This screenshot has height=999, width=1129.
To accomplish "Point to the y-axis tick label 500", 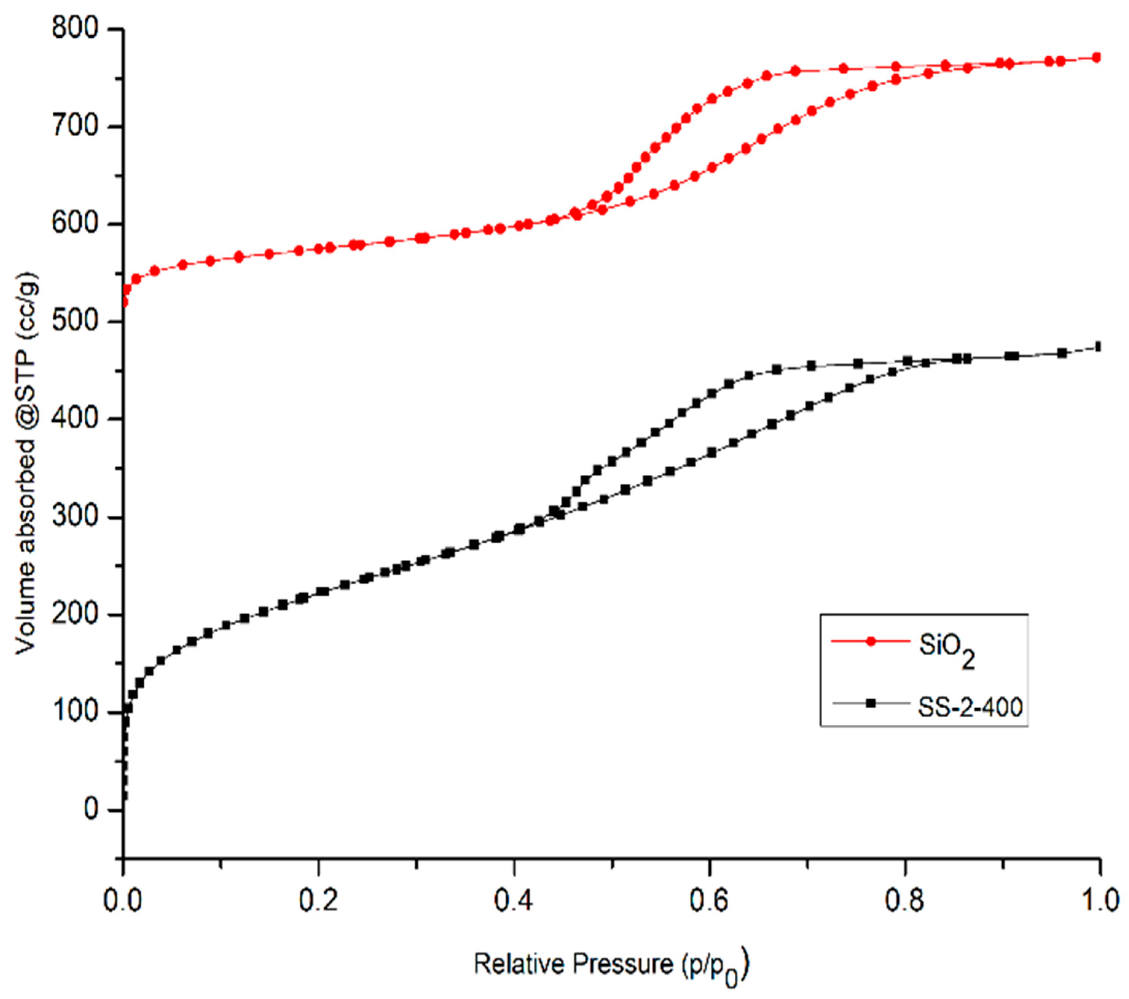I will (76, 322).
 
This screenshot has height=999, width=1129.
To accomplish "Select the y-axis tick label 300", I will (76, 517).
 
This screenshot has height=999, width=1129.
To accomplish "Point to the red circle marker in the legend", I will (871, 641).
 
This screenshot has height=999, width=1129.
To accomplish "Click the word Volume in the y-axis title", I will (26, 617).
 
